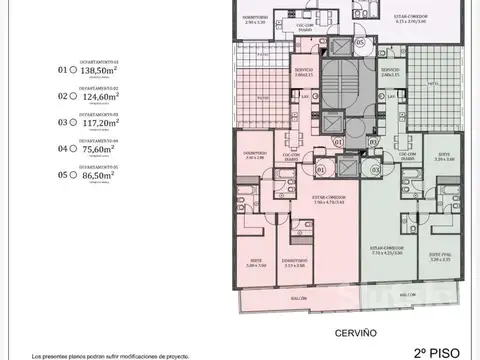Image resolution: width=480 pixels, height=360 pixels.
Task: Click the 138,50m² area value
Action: pyautogui.click(x=95, y=72)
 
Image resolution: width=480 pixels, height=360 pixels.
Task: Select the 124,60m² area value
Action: pyautogui.click(x=95, y=97)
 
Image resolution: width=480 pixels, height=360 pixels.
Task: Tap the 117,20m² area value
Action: pyautogui.click(x=95, y=123)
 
